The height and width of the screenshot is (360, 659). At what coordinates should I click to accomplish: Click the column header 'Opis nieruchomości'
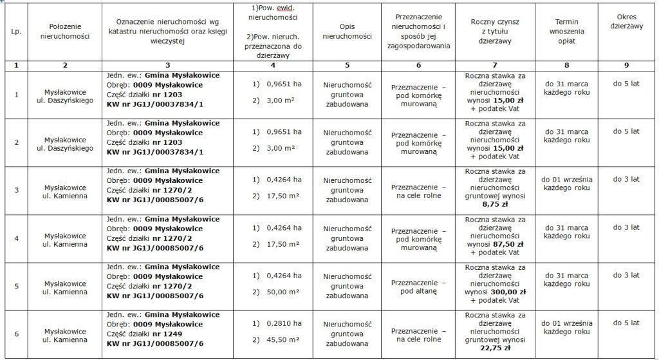(347, 31)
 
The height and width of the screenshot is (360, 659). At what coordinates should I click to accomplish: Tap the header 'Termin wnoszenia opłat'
(566, 31)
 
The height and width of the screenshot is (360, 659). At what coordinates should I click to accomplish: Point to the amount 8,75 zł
(496, 205)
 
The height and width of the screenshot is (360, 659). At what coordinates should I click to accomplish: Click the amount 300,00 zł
(508, 291)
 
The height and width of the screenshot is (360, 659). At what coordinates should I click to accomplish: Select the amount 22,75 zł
(496, 348)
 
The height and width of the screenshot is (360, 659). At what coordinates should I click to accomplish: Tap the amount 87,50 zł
(508, 245)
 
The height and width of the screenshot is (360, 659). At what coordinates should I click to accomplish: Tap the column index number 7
(495, 65)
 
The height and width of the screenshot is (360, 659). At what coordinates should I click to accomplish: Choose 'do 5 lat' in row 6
(626, 323)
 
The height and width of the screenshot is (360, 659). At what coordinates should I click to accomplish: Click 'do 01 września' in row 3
(566, 179)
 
